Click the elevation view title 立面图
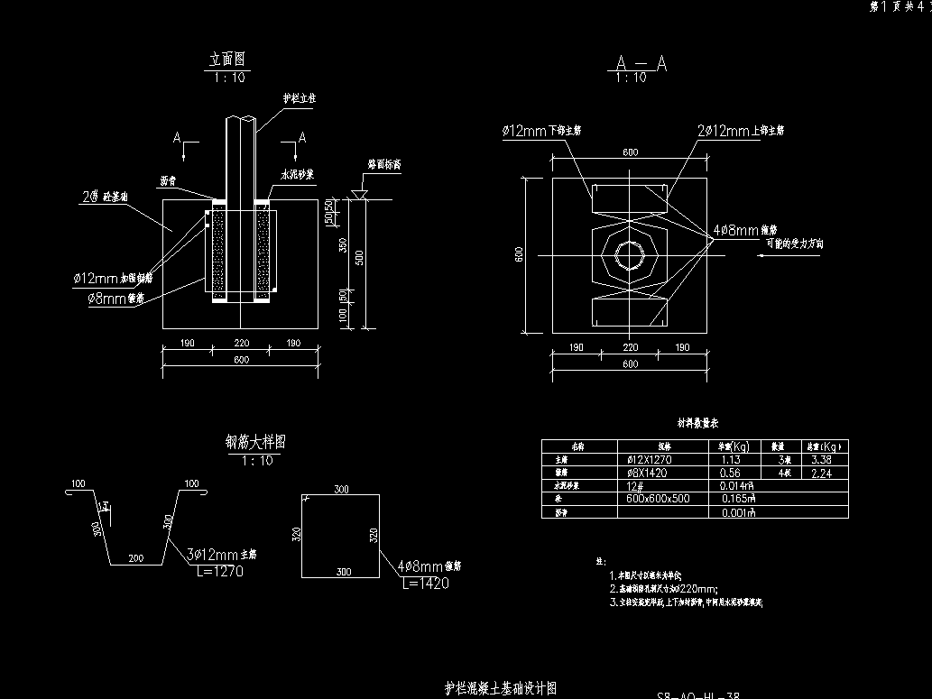point(227,60)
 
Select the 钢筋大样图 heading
point(255,442)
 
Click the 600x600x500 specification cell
point(658,498)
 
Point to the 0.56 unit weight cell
point(731,472)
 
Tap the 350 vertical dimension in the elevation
point(341,246)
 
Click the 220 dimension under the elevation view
point(242,344)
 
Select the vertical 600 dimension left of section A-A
point(520,255)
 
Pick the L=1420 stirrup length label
point(423,584)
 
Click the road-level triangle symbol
point(359,194)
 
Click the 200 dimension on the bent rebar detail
point(135,558)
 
